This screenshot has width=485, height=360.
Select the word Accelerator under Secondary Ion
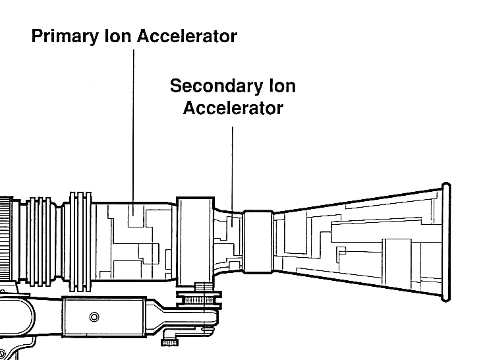(x=233, y=107)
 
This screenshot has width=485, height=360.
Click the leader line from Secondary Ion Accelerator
(x=233, y=165)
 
